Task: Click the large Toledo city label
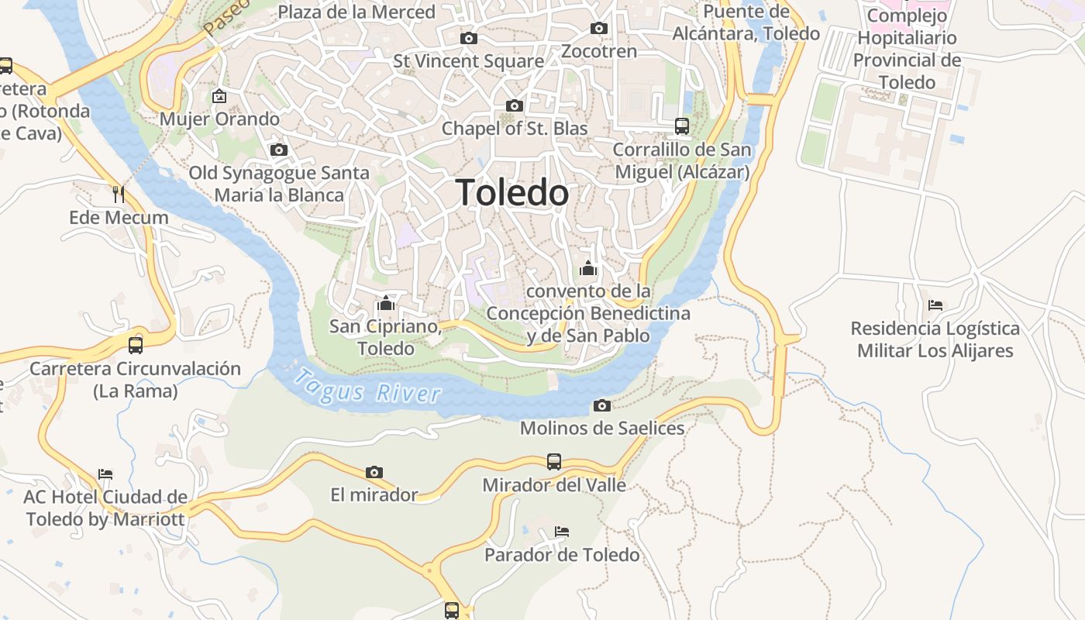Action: click(x=512, y=192)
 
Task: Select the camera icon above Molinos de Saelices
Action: click(x=601, y=405)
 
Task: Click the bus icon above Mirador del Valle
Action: click(x=553, y=462)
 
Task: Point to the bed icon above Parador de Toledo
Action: click(x=562, y=532)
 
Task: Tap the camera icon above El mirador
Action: click(x=374, y=472)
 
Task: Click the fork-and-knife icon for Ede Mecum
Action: click(x=119, y=194)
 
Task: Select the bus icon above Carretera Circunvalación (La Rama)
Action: click(x=136, y=345)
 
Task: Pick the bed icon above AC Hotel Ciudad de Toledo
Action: click(x=105, y=474)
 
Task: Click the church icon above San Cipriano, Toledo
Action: click(x=386, y=303)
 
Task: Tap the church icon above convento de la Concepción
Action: click(x=588, y=268)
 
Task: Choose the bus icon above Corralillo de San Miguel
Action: click(x=682, y=126)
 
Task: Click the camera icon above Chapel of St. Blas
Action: click(x=514, y=105)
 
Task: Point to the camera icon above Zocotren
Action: click(x=598, y=29)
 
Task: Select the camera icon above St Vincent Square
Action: click(x=468, y=38)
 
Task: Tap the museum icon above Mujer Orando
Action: click(x=219, y=96)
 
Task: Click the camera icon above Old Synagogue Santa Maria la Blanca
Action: click(x=279, y=150)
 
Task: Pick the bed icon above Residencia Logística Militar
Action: click(x=935, y=305)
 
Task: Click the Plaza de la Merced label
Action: click(x=356, y=12)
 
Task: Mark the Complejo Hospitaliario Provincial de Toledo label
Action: click(x=907, y=49)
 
